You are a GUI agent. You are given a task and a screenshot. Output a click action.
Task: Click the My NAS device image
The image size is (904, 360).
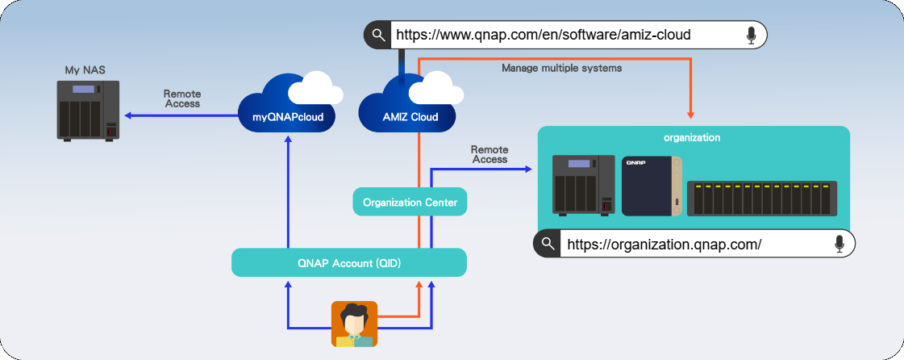pos(88,110)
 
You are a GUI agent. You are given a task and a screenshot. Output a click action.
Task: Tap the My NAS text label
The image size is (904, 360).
pos(83,70)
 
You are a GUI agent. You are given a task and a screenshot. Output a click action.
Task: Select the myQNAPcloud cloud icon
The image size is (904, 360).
pos(287,105)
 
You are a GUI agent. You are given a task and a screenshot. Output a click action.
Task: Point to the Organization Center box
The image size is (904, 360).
pos(410,202)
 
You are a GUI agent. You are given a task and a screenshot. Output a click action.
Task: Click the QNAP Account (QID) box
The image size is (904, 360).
pos(349,262)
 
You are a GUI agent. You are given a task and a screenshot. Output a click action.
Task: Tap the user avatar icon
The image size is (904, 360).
pos(354,324)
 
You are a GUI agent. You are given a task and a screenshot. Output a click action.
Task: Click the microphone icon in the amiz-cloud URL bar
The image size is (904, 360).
pos(752,35)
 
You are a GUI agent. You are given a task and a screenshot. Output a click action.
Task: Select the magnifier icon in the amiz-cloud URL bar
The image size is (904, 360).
pos(377,35)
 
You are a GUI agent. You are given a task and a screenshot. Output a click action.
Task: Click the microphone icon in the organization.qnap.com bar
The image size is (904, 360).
pos(839,244)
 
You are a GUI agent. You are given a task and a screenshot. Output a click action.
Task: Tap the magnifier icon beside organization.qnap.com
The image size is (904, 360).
pos(548,244)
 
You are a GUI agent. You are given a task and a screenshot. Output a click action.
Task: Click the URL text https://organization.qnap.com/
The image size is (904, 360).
pos(664,244)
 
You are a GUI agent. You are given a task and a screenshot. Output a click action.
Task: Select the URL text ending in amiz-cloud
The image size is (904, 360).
pos(542,35)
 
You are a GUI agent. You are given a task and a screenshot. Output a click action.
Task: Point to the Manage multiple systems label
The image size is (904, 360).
pos(561,69)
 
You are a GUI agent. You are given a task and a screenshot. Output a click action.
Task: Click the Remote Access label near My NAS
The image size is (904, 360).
pos(181,98)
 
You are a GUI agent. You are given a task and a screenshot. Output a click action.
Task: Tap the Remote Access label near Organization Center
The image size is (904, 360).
pos(489,154)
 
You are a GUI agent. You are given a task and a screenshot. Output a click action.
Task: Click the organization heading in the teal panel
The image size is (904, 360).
pos(692,137)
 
